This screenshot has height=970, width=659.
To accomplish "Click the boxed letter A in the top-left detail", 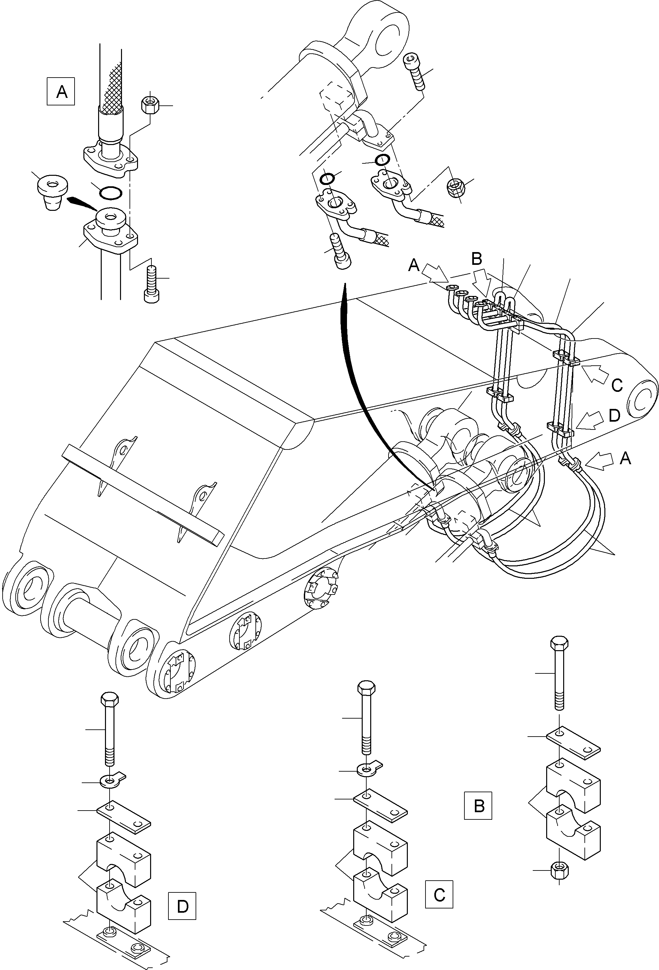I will [x=61, y=91].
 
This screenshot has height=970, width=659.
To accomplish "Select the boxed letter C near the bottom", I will [x=439, y=894].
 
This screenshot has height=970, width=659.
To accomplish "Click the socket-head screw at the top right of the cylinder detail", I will [x=415, y=71].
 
